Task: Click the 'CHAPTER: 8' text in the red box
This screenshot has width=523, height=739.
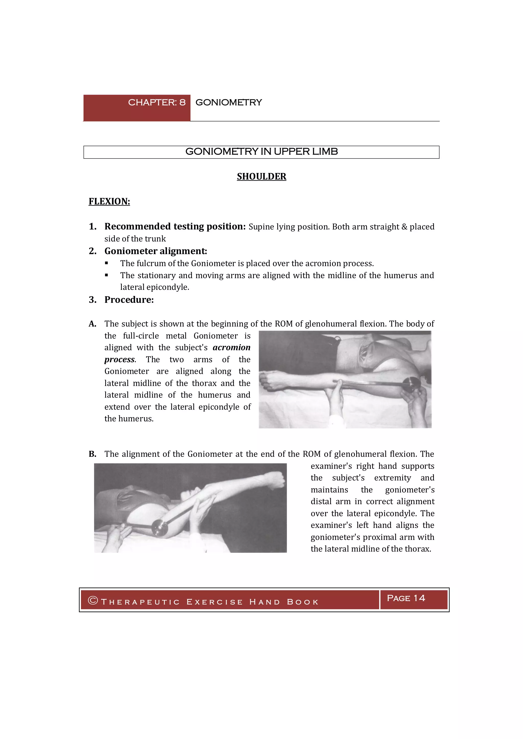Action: [x=157, y=102]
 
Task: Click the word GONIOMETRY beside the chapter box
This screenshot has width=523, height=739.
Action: [x=229, y=102]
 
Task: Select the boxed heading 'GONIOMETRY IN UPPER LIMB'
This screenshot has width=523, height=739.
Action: [x=261, y=152]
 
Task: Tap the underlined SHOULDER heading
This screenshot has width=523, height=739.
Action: [x=261, y=176]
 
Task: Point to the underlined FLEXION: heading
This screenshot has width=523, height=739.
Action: [x=109, y=202]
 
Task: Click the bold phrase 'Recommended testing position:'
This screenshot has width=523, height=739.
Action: [x=175, y=227]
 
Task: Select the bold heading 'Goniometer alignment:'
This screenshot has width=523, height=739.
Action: [x=156, y=251]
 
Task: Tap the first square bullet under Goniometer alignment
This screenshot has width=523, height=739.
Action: [x=106, y=263]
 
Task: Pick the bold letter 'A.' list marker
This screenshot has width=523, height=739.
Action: [x=92, y=324]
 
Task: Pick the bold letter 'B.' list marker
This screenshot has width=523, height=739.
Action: [x=92, y=454]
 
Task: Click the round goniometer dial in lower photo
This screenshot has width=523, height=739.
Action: [x=159, y=527]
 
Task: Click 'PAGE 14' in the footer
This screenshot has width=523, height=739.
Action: [x=406, y=598]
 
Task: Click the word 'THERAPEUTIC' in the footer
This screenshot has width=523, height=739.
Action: [x=140, y=602]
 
